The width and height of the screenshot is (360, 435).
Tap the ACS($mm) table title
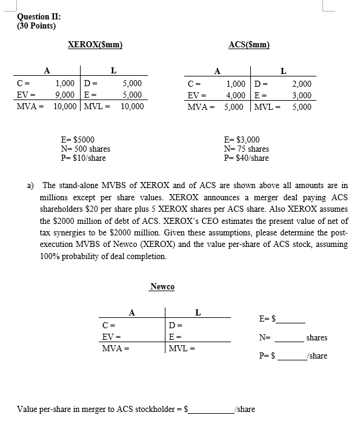point(249,44)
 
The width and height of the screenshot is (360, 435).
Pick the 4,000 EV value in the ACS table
point(236,95)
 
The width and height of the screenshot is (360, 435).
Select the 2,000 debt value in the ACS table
point(301,84)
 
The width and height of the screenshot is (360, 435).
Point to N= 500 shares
point(85,149)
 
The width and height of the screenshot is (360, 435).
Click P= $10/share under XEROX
point(84,158)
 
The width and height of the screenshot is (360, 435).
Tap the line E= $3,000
point(242,140)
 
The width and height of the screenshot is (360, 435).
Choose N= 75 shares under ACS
point(246,149)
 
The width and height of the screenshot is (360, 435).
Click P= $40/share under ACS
point(246,158)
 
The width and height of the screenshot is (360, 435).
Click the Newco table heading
point(162,286)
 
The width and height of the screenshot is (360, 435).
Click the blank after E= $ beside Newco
point(291,319)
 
